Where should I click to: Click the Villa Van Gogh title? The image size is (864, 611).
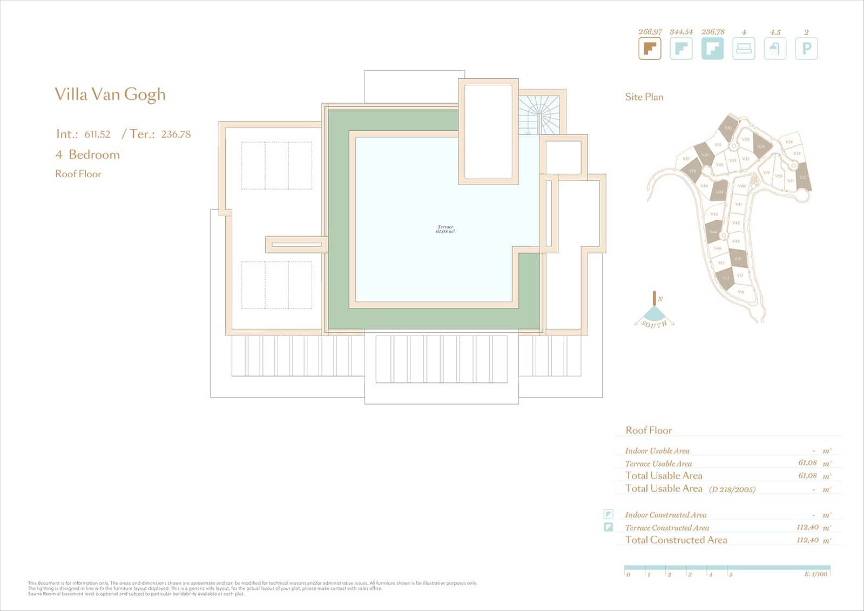coord(110,95)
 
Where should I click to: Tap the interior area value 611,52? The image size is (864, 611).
coord(97,135)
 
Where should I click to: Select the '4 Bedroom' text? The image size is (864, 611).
coord(87,155)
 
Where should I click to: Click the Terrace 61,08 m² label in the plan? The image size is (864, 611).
coord(446,229)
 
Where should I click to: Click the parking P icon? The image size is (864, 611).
coord(806,49)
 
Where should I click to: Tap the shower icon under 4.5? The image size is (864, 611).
coord(775,49)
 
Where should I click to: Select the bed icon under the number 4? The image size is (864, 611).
coord(744,49)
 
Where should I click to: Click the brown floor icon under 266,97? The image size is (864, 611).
coord(650,49)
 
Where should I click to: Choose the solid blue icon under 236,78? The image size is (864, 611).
coord(712,49)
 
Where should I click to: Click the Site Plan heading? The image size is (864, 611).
coord(644,97)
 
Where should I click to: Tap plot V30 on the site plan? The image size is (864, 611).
coord(727,128)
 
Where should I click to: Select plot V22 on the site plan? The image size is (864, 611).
coord(803,177)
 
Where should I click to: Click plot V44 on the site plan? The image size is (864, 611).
coord(713,232)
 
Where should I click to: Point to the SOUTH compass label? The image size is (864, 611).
coord(654,324)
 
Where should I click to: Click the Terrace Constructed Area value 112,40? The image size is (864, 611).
coord(807,527)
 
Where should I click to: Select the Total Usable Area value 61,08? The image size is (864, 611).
coord(807,476)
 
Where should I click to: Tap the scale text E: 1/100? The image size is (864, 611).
coord(815,574)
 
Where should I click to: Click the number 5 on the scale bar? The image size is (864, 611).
coord(731,575)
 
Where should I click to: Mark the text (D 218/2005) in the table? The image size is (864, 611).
coord(732,489)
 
